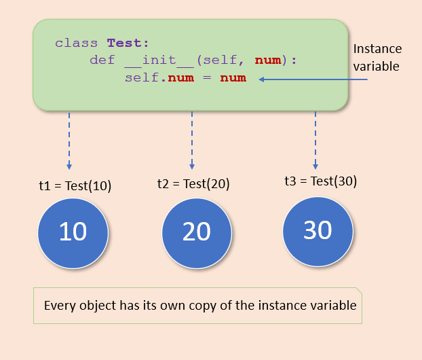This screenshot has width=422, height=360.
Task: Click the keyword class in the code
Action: [x=76, y=43]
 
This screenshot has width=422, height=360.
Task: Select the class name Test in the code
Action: [x=124, y=43]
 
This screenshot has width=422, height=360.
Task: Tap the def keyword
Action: [x=102, y=60]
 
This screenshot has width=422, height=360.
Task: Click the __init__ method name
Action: [x=159, y=60]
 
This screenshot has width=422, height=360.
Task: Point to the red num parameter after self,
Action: [x=268, y=60]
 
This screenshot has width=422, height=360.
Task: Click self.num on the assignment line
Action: [x=159, y=77]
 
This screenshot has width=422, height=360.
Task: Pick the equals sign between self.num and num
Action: [x=207, y=77]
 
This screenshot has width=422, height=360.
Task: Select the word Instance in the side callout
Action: [x=377, y=49]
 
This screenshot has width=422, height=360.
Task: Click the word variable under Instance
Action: [x=376, y=67]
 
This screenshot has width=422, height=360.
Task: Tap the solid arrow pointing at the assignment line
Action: [x=313, y=79]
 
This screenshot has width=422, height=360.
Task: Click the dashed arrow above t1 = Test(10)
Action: [x=69, y=141]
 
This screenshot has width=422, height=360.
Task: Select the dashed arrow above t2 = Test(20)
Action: [x=192, y=141]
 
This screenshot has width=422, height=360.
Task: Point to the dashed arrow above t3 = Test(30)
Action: [x=315, y=141]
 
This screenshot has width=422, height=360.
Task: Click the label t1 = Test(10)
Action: [x=75, y=186]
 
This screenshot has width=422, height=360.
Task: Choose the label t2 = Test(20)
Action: [x=193, y=184]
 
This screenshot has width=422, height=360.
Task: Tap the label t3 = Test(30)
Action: [x=321, y=181]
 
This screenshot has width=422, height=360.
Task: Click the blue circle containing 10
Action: [x=73, y=234]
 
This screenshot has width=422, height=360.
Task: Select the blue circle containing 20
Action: [x=197, y=234]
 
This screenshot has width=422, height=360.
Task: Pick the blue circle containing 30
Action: [x=318, y=232]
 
